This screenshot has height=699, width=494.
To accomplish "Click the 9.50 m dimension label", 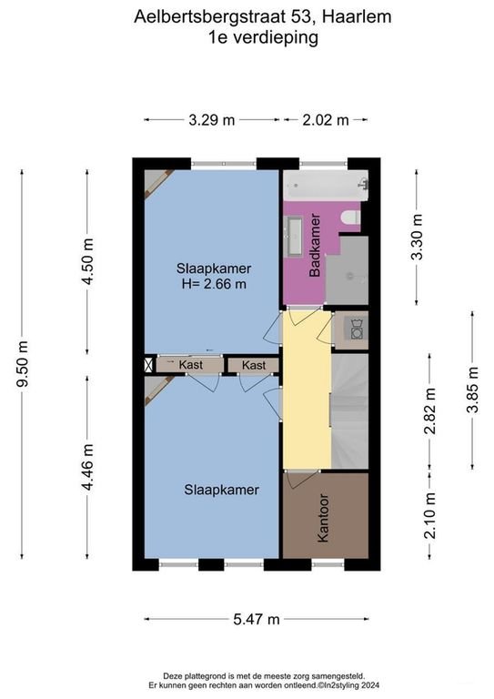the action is tap(22, 364).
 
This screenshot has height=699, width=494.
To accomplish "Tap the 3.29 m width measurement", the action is tap(212, 120).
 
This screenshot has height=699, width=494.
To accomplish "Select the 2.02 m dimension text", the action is tap(326, 120).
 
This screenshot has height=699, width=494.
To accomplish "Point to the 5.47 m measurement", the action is tap(257, 619).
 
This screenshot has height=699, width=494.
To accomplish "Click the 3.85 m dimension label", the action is tap(472, 390).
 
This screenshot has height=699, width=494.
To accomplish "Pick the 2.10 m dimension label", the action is tap(429, 516).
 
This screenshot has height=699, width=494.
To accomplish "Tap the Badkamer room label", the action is tap(315, 245).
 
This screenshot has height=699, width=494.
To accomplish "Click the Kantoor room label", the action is tap(322, 518).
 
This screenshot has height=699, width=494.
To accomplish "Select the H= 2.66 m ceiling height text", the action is tap(214, 284).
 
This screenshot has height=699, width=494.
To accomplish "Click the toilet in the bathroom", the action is tap(350, 218).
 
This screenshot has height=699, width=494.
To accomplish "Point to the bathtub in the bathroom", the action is tap(326, 186).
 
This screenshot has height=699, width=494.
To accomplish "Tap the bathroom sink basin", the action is tap(295, 236).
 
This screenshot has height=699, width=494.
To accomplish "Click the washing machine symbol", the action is tap(357, 329).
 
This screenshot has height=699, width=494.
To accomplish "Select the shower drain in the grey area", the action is tap(350, 277).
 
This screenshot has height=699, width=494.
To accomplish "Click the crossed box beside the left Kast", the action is tap(148, 365).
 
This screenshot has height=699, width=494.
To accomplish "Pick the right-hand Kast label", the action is tap(254, 366).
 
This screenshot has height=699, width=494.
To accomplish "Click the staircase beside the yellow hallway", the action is tap(350, 411).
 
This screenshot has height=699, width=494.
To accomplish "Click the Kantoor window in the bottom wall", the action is tap(328, 564).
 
